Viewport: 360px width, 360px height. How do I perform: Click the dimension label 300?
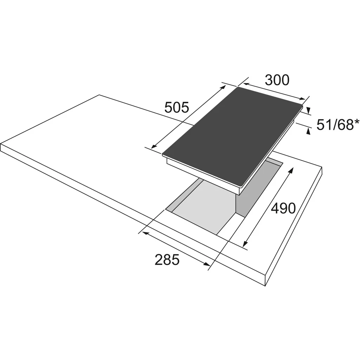pyautogui.click(x=277, y=80)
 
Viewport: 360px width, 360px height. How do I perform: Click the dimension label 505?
pyautogui.click(x=177, y=107)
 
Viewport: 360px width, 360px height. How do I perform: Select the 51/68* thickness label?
pyautogui.click(x=338, y=125)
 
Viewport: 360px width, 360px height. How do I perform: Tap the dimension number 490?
pyautogui.click(x=283, y=208)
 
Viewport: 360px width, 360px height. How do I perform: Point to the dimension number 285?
pyautogui.click(x=167, y=260)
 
